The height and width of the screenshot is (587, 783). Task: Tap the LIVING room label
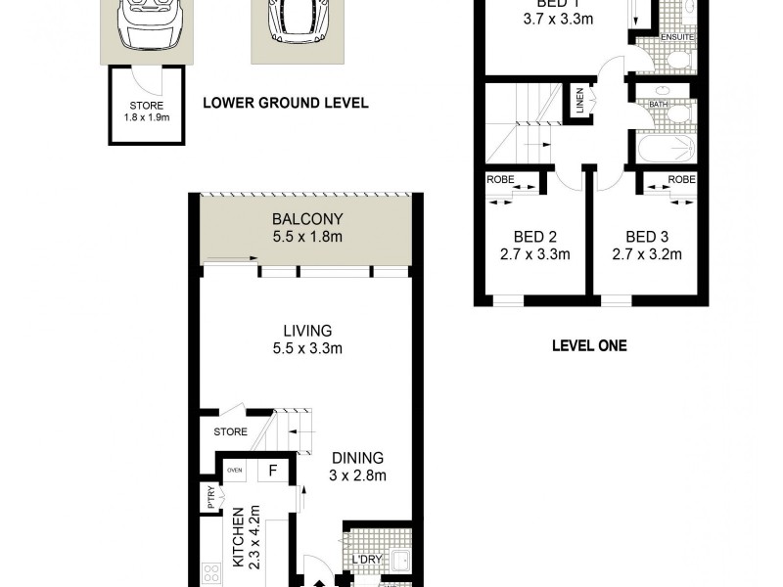(302, 331)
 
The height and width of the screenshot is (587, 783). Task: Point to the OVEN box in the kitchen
(235, 470)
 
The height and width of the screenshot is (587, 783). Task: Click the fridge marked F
(274, 471)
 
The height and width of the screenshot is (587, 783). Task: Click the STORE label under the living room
(230, 431)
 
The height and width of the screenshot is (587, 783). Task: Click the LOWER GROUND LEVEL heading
(285, 103)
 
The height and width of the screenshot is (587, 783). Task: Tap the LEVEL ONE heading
(589, 345)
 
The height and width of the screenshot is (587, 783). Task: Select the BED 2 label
(535, 237)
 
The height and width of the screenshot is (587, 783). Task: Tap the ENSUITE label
(677, 37)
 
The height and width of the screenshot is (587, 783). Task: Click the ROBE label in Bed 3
(682, 180)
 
